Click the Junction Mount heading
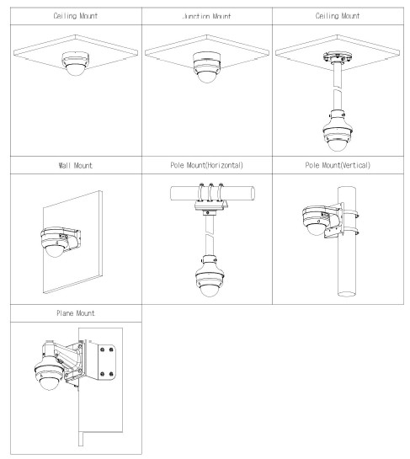tap(206, 16)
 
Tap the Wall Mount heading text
tap(76, 165)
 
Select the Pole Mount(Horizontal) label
tap(206, 165)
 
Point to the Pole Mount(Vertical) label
tap(338, 165)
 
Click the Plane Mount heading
tap(76, 313)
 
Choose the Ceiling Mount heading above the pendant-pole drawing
tap(338, 16)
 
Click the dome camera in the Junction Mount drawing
tap(206, 67)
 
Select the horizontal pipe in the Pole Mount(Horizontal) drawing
tap(212, 194)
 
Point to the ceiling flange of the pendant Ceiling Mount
tap(337, 57)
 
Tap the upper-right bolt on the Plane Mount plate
tap(111, 350)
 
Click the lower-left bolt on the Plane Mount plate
tap(102, 374)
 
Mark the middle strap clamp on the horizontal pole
tap(210, 192)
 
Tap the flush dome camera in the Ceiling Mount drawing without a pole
tap(75, 64)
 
